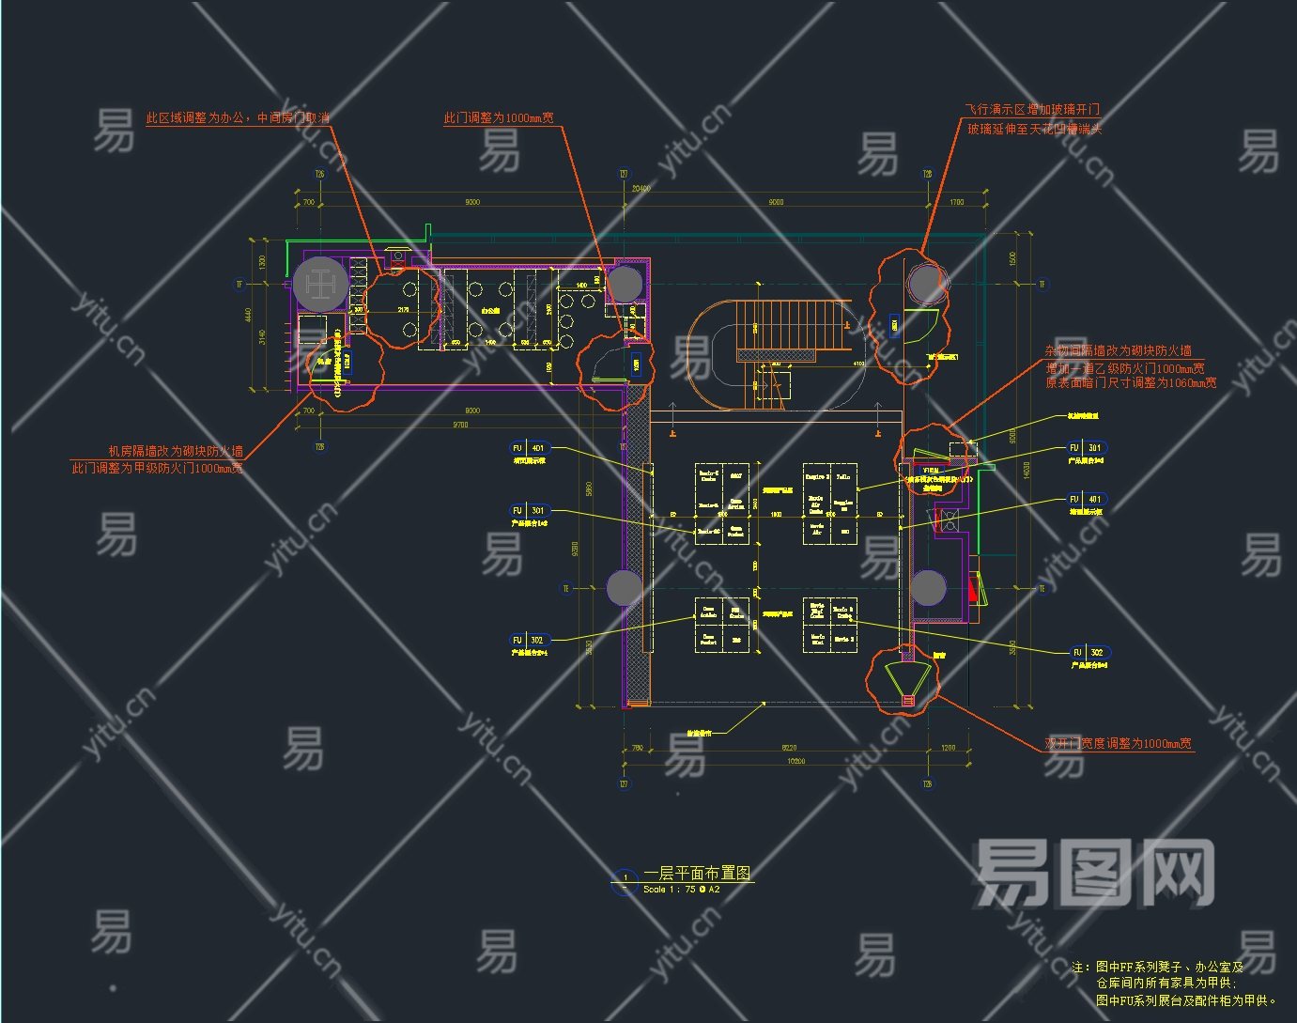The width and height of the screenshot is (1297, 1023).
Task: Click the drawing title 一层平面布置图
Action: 697,873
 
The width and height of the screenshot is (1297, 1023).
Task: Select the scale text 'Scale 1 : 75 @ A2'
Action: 681,889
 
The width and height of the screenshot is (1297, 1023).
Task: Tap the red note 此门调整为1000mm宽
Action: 499,118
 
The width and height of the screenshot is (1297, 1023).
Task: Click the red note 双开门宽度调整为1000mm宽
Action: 1119,743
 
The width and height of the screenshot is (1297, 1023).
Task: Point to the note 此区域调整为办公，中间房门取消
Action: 238,118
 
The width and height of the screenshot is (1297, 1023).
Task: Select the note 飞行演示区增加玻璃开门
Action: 1033,110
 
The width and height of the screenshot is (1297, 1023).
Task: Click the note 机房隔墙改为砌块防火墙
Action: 176,451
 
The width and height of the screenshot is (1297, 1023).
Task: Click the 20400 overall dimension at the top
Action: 641,189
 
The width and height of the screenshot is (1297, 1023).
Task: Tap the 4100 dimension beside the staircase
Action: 858,363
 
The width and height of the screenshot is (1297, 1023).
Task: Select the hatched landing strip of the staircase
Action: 777,355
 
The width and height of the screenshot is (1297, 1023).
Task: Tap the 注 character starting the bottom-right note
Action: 1078,967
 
